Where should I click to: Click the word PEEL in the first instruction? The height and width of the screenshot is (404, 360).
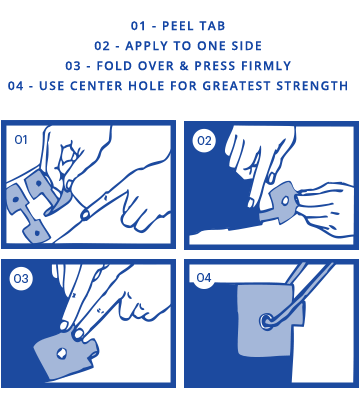click(x=178, y=26)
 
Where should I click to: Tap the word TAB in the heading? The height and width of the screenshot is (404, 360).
click(x=213, y=26)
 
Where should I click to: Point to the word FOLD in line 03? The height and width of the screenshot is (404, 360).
click(x=114, y=66)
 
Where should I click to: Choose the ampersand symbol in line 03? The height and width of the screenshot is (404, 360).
click(x=184, y=66)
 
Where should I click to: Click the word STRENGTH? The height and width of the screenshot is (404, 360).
click(x=312, y=86)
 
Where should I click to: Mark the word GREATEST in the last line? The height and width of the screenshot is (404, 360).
click(x=237, y=86)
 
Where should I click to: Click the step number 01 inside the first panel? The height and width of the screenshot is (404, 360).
click(x=21, y=140)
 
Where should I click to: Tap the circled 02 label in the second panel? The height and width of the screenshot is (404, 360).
click(x=204, y=141)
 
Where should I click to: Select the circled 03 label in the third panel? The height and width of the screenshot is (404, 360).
click(x=21, y=278)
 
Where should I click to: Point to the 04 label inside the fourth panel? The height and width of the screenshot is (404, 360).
click(x=204, y=277)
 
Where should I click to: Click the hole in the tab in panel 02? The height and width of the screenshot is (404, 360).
click(x=285, y=201)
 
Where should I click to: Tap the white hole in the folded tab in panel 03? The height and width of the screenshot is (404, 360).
click(x=62, y=353)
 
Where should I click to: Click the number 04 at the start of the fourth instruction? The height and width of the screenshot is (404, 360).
click(x=16, y=86)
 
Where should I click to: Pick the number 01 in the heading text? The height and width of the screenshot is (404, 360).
click(x=138, y=26)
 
